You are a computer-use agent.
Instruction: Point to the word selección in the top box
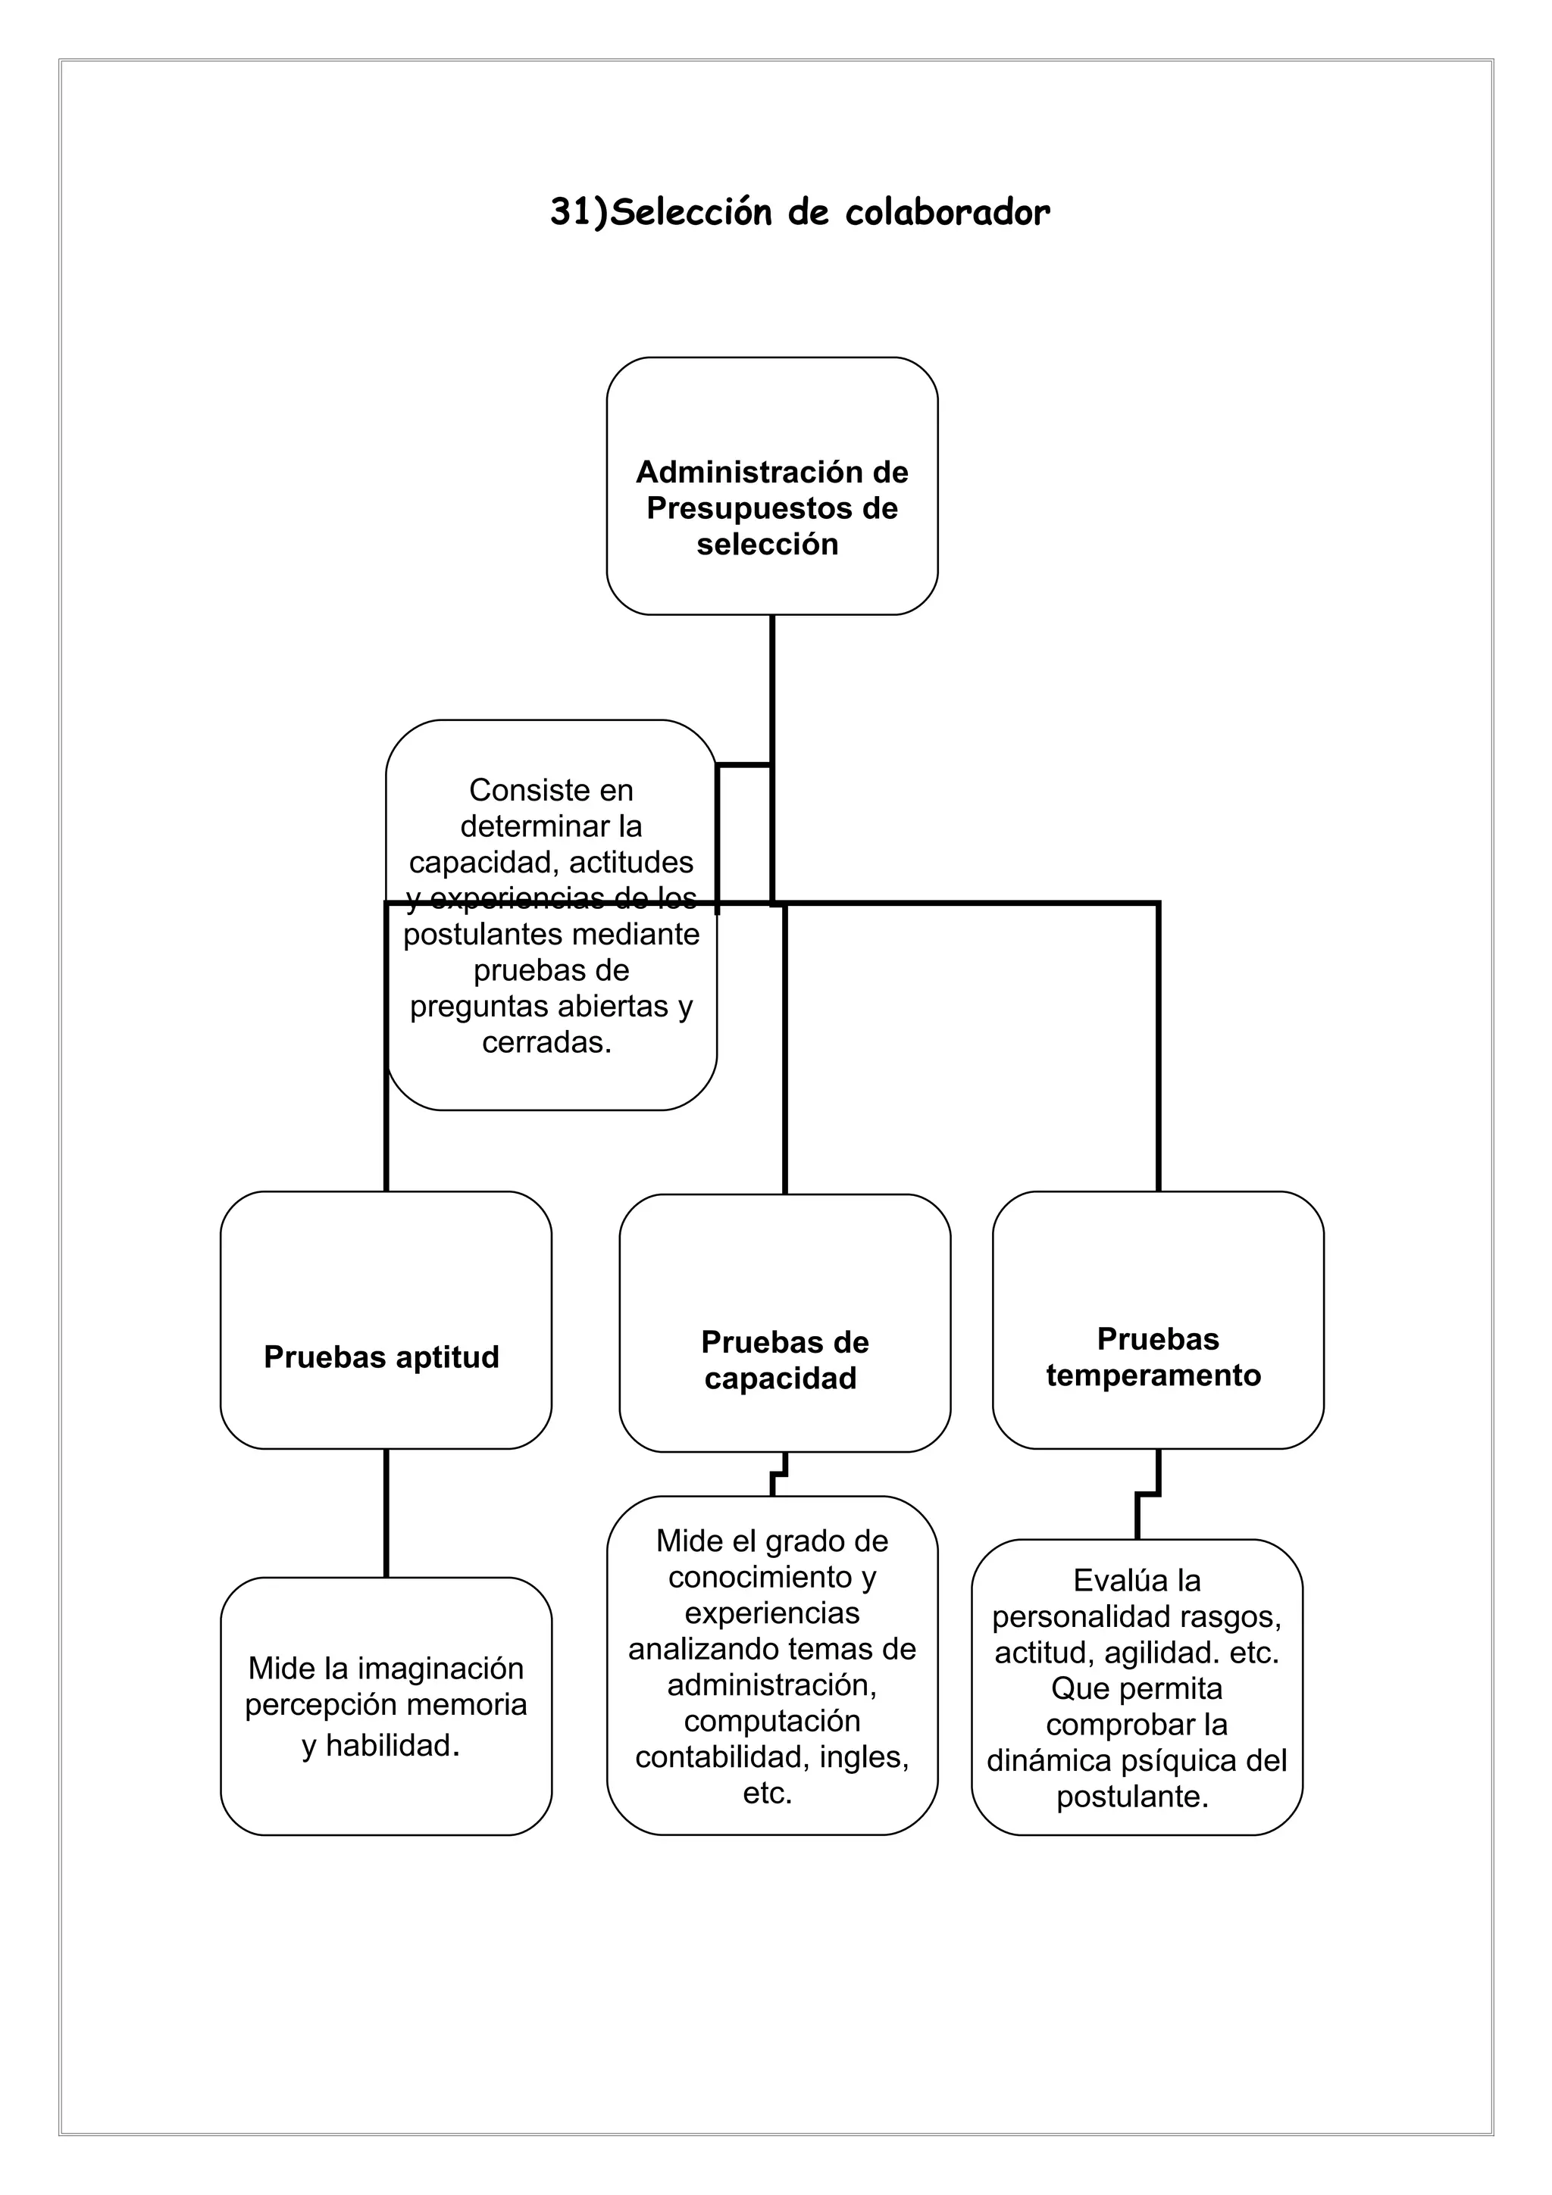[767, 544]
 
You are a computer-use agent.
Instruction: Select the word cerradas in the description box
[545, 1042]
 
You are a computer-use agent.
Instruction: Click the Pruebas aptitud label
[381, 1357]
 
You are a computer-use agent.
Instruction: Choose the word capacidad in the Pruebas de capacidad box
[781, 1379]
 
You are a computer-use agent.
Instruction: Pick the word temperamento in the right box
[1153, 1375]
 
